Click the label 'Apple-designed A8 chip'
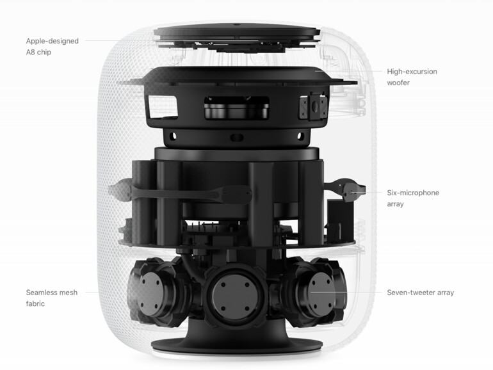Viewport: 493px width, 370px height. pyautogui.click(x=53, y=46)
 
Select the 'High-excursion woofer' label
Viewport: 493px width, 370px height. pyautogui.click(x=412, y=77)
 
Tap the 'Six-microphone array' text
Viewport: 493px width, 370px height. pyautogui.click(x=413, y=198)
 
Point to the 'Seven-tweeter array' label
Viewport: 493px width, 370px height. pyautogui.click(x=420, y=293)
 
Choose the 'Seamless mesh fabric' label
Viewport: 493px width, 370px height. pyautogui.click(x=52, y=298)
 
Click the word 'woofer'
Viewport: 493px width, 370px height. pyautogui.click(x=398, y=83)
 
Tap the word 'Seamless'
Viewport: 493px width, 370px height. pyautogui.click(x=43, y=293)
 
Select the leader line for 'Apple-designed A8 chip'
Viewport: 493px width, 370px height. pyautogui.click(x=115, y=40)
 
